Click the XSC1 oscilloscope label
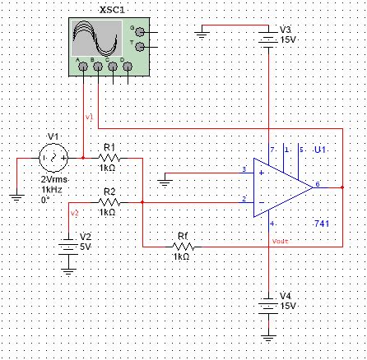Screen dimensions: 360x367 pyautogui.click(x=111, y=8)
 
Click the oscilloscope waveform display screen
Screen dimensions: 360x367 pyautogui.click(x=95, y=38)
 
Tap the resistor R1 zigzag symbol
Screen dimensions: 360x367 pyautogui.click(x=109, y=156)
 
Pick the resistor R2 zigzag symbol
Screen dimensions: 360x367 pyautogui.click(x=109, y=201)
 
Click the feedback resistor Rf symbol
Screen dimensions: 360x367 pyautogui.click(x=182, y=245)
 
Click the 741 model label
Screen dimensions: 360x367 pyautogui.click(x=322, y=224)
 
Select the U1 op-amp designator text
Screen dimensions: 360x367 pyautogui.click(x=321, y=150)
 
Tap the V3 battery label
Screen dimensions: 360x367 pyautogui.click(x=286, y=29)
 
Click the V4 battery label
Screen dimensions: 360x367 pyautogui.click(x=286, y=294)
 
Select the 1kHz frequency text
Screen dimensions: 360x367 pyautogui.click(x=52, y=188)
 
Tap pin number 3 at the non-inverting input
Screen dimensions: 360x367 pyautogui.click(x=244, y=170)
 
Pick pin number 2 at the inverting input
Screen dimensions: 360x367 pyautogui.click(x=244, y=198)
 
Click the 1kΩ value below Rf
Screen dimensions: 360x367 pyautogui.click(x=182, y=256)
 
